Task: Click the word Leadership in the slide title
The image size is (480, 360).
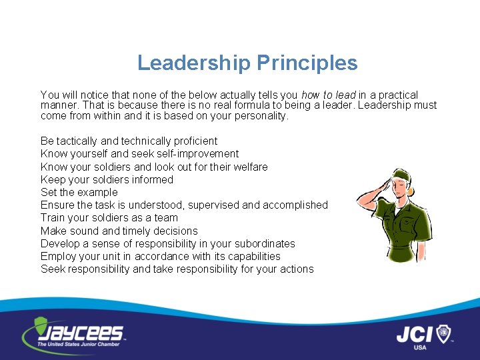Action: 194,63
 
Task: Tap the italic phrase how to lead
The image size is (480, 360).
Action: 329,95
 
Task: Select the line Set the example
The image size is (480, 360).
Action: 79,192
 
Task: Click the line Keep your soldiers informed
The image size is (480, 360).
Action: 107,179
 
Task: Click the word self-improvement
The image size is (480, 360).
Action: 197,154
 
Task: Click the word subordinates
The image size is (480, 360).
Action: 264,243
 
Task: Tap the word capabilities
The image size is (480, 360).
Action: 252,256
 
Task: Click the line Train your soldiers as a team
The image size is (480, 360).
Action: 109,217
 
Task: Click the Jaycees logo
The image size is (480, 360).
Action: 73,333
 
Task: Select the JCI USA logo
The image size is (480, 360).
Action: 424,335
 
